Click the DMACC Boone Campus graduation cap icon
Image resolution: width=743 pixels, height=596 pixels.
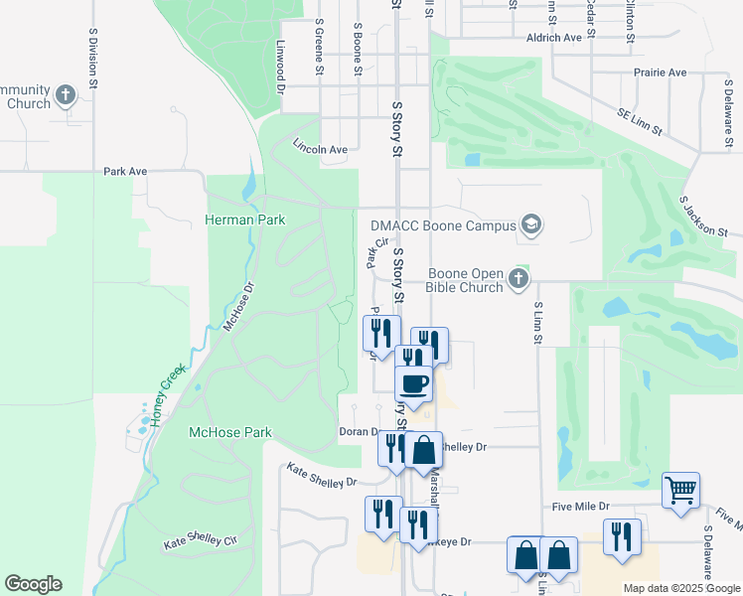click(x=531, y=225)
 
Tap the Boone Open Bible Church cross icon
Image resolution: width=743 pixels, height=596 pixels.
click(x=518, y=281)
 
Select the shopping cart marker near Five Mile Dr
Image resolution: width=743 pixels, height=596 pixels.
click(x=680, y=489)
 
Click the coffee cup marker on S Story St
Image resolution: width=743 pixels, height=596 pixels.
click(x=413, y=382)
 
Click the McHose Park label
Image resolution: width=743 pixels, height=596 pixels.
click(x=230, y=433)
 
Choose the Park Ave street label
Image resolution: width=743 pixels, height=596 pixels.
click(x=125, y=172)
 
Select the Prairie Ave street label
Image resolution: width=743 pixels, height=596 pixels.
click(x=661, y=74)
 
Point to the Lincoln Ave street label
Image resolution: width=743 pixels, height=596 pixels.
click(x=320, y=149)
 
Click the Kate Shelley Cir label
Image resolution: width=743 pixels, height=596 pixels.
click(x=202, y=543)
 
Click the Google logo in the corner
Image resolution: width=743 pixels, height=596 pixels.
click(x=33, y=584)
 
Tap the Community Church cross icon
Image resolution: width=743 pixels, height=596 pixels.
click(x=66, y=95)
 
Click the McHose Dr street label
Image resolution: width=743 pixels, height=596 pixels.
click(x=239, y=306)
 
